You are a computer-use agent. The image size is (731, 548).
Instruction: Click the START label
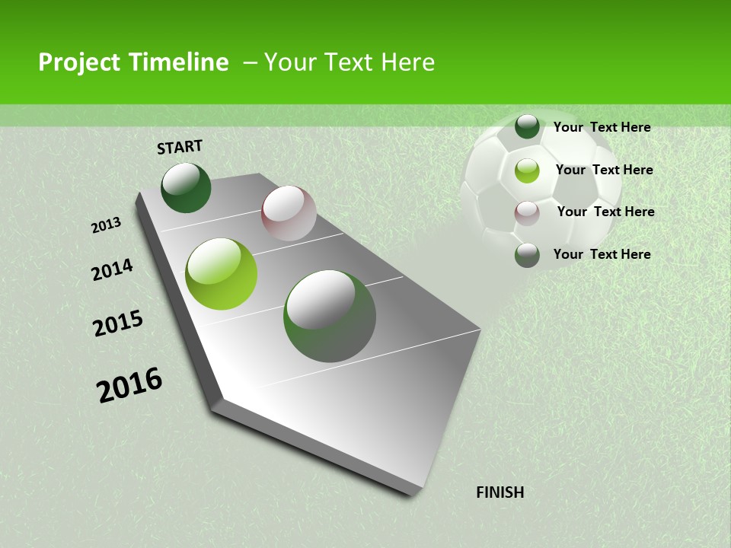(x=180, y=147)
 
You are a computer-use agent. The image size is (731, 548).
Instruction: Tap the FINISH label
(x=500, y=492)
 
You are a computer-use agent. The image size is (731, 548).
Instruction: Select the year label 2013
(x=107, y=225)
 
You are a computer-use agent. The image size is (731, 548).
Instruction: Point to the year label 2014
(x=112, y=269)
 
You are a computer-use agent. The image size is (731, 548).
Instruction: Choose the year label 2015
(x=118, y=323)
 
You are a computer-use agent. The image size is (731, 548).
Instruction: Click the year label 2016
(x=129, y=384)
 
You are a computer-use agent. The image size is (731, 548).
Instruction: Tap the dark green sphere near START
(x=186, y=188)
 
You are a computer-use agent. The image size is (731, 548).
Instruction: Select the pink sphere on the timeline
(x=289, y=213)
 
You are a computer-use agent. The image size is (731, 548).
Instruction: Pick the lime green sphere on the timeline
(x=222, y=274)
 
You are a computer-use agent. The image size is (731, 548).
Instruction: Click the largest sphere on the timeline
(x=330, y=316)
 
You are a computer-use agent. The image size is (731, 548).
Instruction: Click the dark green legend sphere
(x=527, y=126)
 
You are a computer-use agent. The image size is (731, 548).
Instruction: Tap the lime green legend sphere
(x=527, y=170)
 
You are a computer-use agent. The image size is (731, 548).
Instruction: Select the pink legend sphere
(x=527, y=213)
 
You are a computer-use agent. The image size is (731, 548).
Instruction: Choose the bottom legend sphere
(x=527, y=255)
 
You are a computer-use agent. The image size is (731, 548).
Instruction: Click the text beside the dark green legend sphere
(x=602, y=127)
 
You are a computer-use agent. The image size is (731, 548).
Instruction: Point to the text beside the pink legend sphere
(x=605, y=212)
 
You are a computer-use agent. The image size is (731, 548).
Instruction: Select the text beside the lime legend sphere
(x=604, y=170)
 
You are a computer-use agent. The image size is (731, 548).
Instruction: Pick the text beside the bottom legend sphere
(x=602, y=254)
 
